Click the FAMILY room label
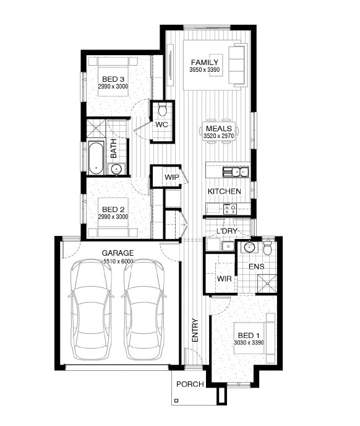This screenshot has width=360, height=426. click(x=205, y=63)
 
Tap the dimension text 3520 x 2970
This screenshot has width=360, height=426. click(x=218, y=136)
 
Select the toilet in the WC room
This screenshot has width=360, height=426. click(x=162, y=110)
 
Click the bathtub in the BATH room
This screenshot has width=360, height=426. click(x=96, y=158)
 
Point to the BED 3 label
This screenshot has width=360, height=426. click(x=113, y=79)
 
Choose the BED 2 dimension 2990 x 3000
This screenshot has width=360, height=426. click(x=113, y=217)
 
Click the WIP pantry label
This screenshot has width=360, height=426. click(x=171, y=178)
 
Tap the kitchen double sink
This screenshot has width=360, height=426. click(x=236, y=172)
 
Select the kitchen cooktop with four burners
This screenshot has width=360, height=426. click(x=230, y=209)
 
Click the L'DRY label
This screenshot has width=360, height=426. click(x=226, y=231)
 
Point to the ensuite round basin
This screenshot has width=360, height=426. click(x=249, y=247)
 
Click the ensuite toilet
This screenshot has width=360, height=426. click(x=267, y=247)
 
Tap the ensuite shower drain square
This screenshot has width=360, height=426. click(x=267, y=284)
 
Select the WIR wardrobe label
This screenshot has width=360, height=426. click(x=225, y=279)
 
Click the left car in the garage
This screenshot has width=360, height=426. click(x=91, y=310)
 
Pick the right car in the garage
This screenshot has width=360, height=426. click(x=144, y=310)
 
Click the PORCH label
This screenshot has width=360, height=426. click(x=190, y=384)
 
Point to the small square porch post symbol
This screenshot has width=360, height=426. click(x=176, y=400)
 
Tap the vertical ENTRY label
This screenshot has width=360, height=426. click(x=195, y=330)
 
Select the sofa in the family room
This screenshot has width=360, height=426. click(x=237, y=65)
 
